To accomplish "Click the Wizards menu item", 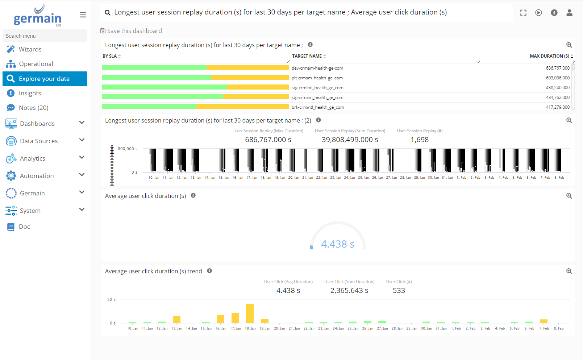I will (x=30, y=49).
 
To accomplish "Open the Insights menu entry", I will (x=30, y=93).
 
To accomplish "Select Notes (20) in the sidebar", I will (x=33, y=108).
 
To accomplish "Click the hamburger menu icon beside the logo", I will (x=83, y=15).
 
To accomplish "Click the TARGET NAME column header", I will (x=307, y=56).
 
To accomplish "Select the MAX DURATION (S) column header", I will (x=549, y=56).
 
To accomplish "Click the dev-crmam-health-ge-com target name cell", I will (x=317, y=68).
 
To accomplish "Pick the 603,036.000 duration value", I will (x=558, y=78).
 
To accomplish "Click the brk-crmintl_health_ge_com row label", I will (x=318, y=107).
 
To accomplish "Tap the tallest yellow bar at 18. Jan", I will (x=250, y=313).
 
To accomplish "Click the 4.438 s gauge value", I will (x=337, y=244).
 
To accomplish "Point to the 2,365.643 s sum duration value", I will (x=349, y=290).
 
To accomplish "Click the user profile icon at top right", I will (x=569, y=13).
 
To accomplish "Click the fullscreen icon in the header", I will (x=523, y=13).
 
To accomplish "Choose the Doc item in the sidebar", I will (x=24, y=227).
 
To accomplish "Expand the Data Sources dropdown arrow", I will (x=82, y=140).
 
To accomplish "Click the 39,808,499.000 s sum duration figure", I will (x=350, y=140).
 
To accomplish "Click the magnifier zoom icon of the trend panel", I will (x=569, y=271).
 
